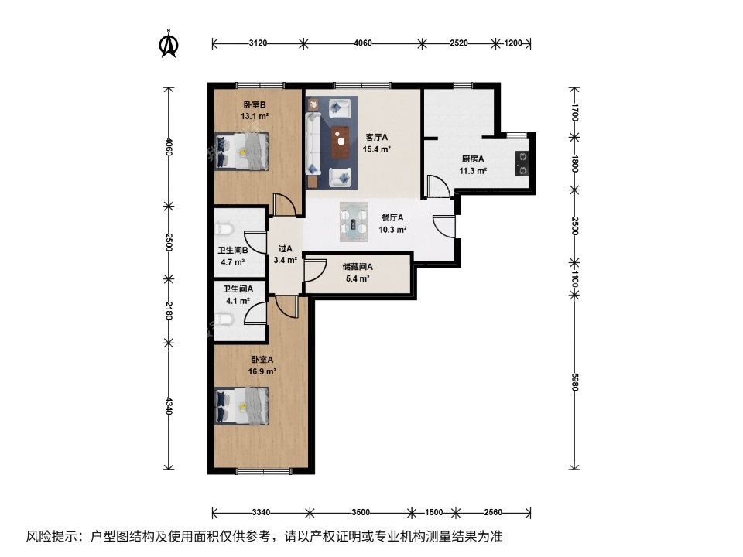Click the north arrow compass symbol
(x=167, y=44)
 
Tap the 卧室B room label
(x=255, y=105)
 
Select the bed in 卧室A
(x=241, y=405)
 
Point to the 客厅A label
(x=377, y=138)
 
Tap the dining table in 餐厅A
(x=355, y=219)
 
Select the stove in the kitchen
(x=523, y=161)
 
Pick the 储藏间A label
(x=357, y=267)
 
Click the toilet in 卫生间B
(x=222, y=231)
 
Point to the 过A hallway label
(x=285, y=249)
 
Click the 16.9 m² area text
(x=262, y=371)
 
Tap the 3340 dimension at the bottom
(x=262, y=512)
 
